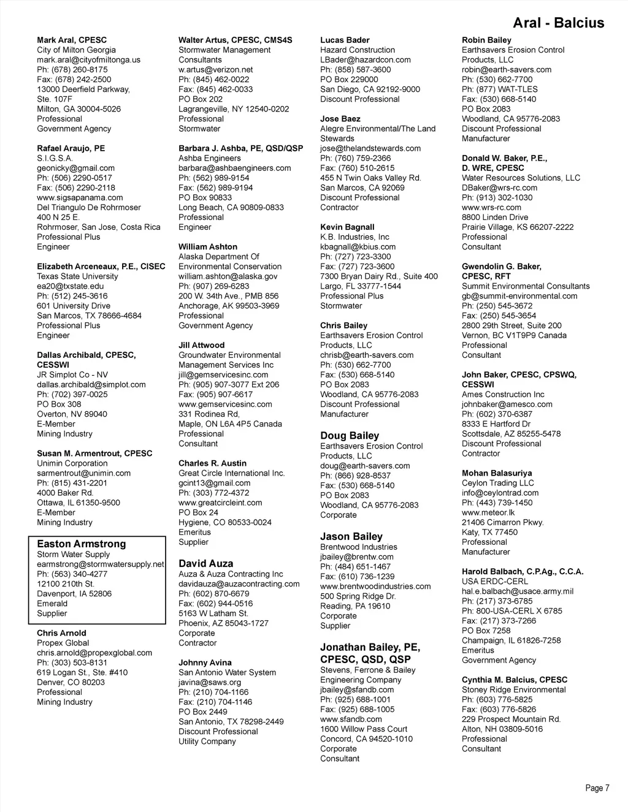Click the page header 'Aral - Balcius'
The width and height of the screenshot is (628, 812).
click(558, 23)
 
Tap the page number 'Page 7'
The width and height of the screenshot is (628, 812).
click(597, 788)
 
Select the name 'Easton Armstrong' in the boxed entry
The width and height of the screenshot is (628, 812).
click(81, 544)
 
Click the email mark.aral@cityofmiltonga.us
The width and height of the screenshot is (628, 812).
click(88, 60)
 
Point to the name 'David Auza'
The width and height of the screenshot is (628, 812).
click(205, 563)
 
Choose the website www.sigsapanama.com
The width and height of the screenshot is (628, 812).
click(80, 197)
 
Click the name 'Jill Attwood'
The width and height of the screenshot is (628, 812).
click(201, 345)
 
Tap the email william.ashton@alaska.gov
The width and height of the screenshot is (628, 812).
click(228, 276)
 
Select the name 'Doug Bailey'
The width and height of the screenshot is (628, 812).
click(350, 436)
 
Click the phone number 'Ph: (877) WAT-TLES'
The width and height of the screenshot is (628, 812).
click(499, 89)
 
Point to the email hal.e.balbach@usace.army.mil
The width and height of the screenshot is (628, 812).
click(518, 591)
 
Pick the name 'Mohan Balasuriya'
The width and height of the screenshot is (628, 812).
click(497, 473)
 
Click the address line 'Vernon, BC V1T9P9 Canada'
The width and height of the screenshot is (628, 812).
click(514, 335)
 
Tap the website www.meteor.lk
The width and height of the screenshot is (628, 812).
click(488, 512)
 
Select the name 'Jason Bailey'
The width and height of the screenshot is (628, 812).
click(351, 536)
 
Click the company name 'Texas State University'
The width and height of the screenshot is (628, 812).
click(77, 276)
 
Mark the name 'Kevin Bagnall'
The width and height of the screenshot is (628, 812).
click(347, 227)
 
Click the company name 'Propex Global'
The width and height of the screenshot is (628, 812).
click(63, 643)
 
